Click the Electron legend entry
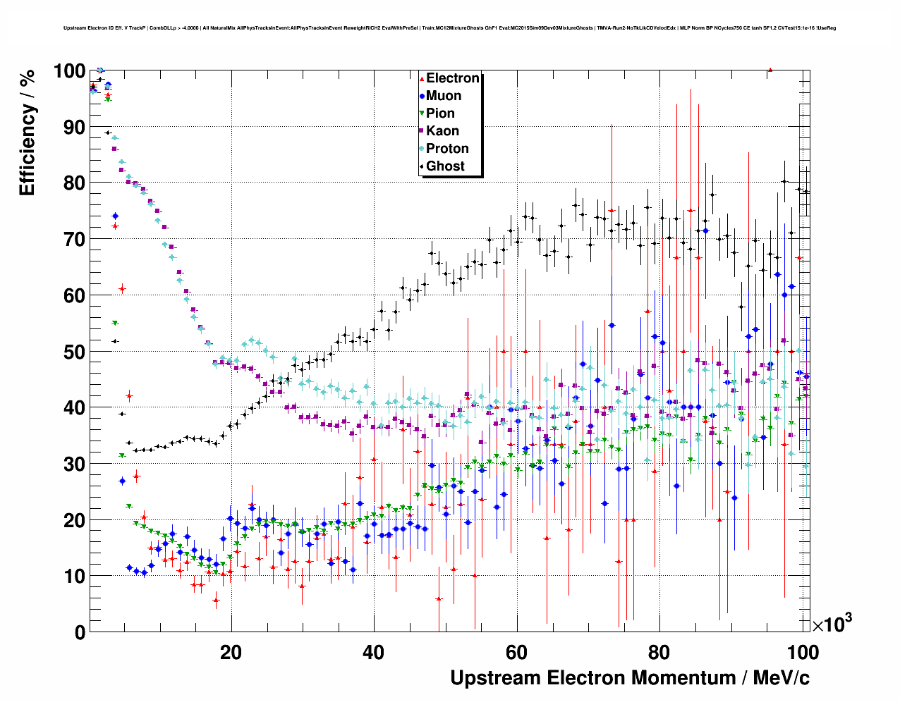pyautogui.click(x=452, y=78)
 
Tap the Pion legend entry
pyautogui.click(x=440, y=113)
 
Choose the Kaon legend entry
pyautogui.click(x=442, y=131)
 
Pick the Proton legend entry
pyautogui.click(x=447, y=149)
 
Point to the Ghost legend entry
pyautogui.click(x=445, y=166)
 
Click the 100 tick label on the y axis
pyautogui.click(x=69, y=71)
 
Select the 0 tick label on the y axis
pyautogui.click(x=80, y=632)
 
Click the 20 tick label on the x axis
pyautogui.click(x=231, y=653)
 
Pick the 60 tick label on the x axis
pyautogui.click(x=516, y=653)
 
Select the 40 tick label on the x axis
pyautogui.click(x=374, y=653)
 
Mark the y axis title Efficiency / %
pyautogui.click(x=27, y=133)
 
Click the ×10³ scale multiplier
pyautogui.click(x=832, y=624)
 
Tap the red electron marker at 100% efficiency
pyautogui.click(x=770, y=70)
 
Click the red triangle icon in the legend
pyautogui.click(x=422, y=78)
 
